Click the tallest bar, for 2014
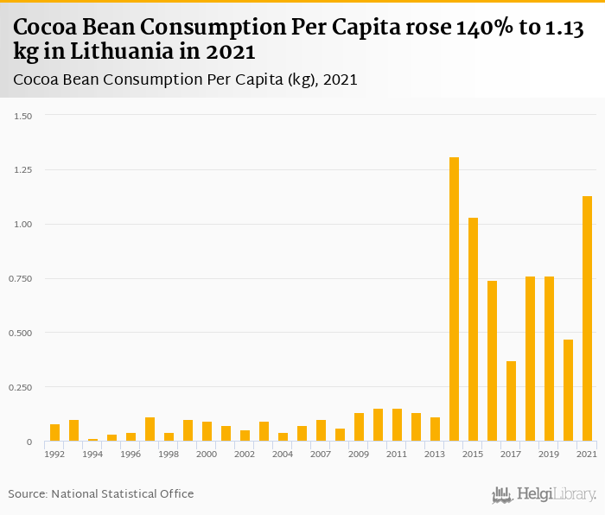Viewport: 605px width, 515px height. point(454,299)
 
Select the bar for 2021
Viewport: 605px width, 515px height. point(587,319)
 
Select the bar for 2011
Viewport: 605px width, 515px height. point(397,425)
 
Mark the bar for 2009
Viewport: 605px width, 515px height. point(359,427)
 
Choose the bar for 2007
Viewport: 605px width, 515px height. point(321,430)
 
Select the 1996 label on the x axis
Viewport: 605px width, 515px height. point(131,454)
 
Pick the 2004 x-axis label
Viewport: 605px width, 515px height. point(283,454)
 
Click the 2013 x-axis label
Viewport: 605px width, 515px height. point(435,454)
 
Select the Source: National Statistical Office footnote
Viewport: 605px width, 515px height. point(101,494)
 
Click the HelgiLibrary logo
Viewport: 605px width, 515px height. point(544,494)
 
